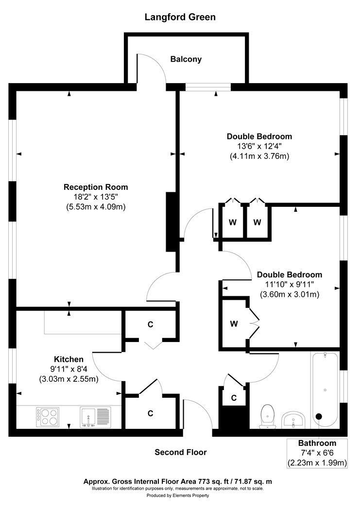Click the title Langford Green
(x=180, y=17)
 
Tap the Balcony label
(x=186, y=59)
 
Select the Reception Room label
(x=96, y=187)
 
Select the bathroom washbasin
(x=293, y=419)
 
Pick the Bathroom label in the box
(x=317, y=443)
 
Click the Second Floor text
(x=180, y=452)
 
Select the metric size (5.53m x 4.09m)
(x=96, y=206)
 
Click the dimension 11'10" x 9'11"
(x=289, y=285)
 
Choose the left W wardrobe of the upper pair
(x=233, y=222)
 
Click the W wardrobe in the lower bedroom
(x=233, y=323)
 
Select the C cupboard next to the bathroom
(x=234, y=398)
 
